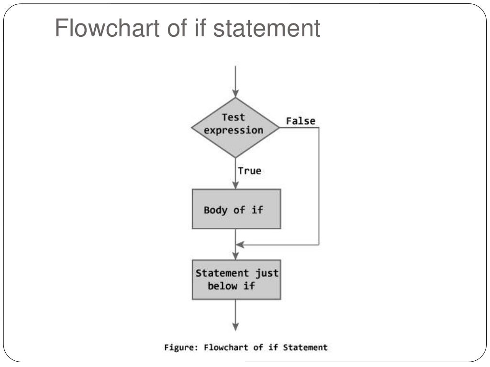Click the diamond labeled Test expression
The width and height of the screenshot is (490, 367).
tap(235, 128)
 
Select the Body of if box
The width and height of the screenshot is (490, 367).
tap(236, 209)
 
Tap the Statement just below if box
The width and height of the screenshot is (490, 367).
tap(236, 280)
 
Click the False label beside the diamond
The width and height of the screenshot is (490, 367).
tap(301, 121)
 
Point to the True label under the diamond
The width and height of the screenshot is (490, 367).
tap(249, 171)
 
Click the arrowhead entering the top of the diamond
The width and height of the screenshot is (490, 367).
tap(235, 93)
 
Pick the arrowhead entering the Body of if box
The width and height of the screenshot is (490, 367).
tap(235, 184)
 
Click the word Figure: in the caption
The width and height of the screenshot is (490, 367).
tap(182, 347)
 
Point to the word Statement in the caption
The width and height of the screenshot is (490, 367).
tap(305, 347)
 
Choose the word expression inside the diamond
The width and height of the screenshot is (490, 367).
tap(234, 130)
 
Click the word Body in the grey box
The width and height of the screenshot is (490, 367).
tap(216, 210)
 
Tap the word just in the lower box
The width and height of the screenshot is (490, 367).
tap(266, 273)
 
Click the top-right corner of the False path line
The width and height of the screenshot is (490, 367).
tap(319, 128)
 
